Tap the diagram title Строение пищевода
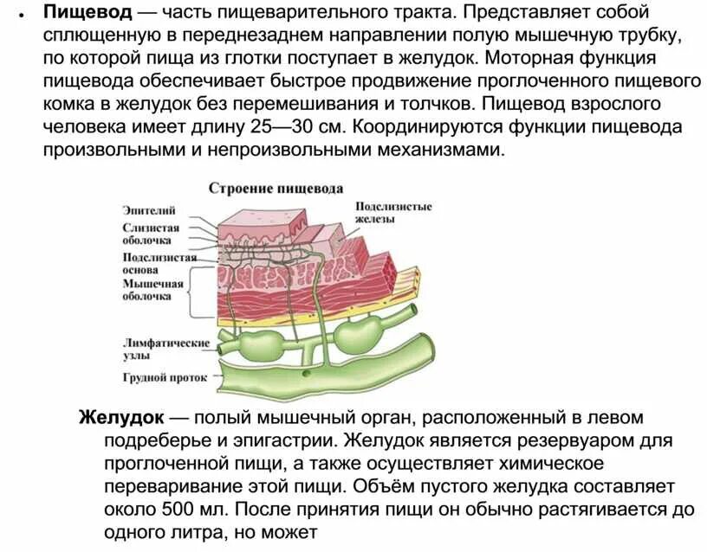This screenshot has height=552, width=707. tap(276, 188)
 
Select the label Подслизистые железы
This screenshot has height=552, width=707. tap(392, 213)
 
